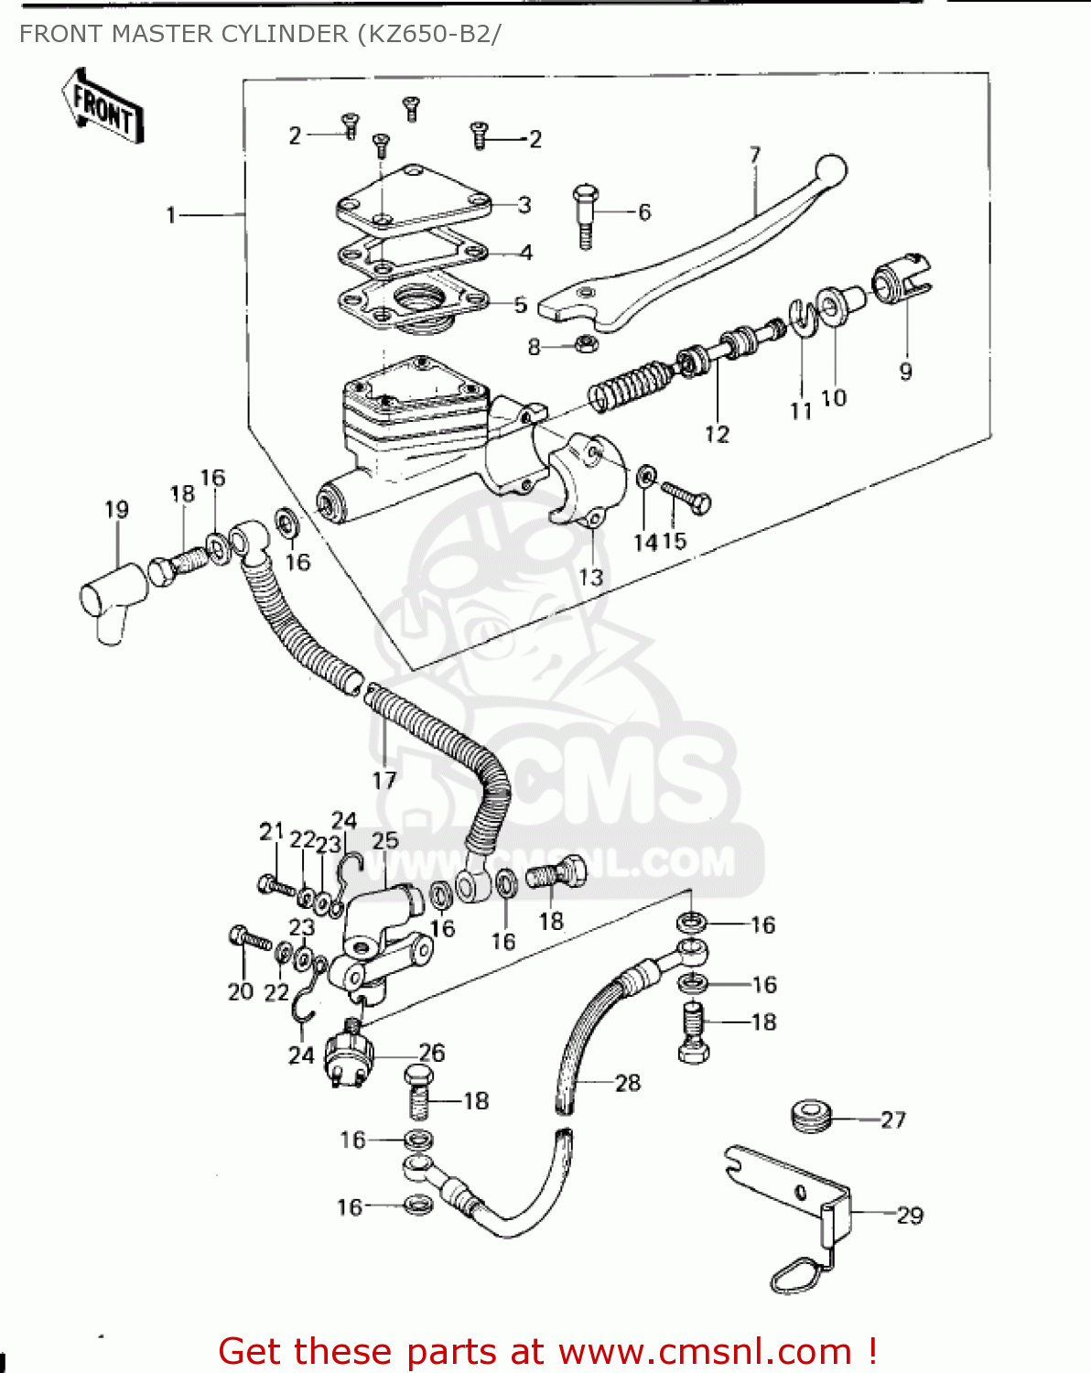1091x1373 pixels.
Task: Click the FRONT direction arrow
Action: pos(103,108)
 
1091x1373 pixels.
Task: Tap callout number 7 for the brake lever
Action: pos(755,155)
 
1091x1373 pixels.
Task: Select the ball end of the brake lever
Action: pos(831,171)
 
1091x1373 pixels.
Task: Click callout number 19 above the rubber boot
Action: pos(116,510)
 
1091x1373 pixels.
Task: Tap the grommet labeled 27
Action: pos(810,1117)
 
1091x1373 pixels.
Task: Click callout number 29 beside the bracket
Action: pos(909,1216)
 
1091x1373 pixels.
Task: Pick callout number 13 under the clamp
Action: pos(591,578)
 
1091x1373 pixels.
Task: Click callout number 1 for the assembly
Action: pos(170,215)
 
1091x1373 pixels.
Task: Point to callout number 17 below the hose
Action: pos(384,780)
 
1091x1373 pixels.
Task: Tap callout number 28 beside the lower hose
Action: pos(628,1083)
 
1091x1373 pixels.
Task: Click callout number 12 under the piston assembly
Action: pos(717,434)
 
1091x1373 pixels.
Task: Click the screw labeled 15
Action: pos(687,497)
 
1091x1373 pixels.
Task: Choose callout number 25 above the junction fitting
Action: pos(385,840)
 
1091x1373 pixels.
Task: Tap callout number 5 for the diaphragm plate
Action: pos(520,305)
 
